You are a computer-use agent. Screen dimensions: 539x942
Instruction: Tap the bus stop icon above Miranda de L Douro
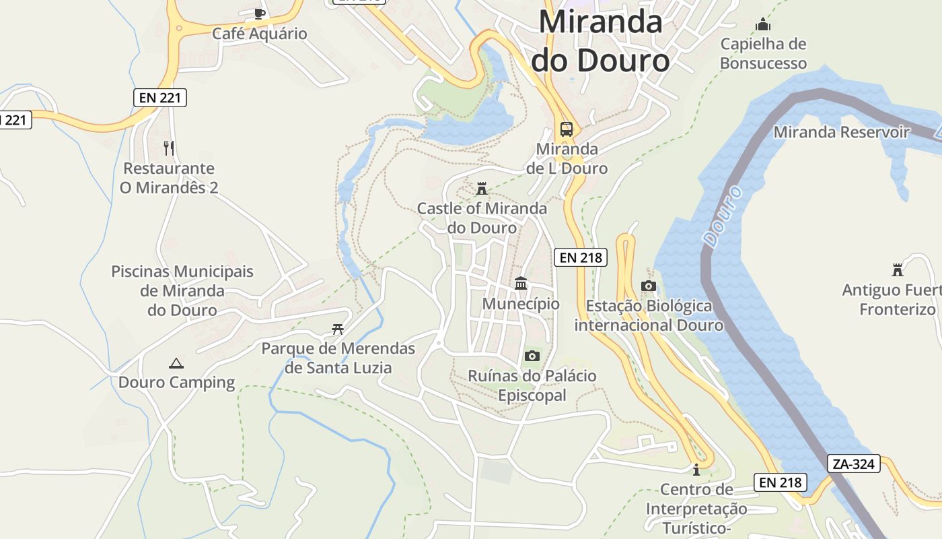[x=567, y=129]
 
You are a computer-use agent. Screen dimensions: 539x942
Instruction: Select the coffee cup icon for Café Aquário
[x=260, y=13]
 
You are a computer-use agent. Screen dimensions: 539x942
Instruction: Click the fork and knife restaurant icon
[x=169, y=148]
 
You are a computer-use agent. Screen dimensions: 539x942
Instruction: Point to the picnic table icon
[x=338, y=329]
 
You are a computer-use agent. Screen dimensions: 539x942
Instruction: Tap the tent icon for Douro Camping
[x=176, y=363]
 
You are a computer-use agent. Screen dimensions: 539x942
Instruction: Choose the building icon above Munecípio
[x=521, y=284]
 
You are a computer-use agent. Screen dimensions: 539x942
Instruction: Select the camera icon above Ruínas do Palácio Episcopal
[x=532, y=356]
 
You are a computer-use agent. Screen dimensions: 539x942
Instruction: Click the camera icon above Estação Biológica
[x=649, y=286]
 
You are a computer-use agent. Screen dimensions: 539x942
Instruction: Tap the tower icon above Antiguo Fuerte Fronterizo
[x=897, y=270]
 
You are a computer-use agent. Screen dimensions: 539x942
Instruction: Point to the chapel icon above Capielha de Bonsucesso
[x=762, y=25]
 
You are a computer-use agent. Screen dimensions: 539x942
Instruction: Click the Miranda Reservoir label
[x=841, y=132]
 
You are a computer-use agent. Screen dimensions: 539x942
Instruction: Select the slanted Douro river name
[x=723, y=216]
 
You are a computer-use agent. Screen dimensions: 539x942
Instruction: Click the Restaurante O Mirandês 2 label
[x=169, y=178]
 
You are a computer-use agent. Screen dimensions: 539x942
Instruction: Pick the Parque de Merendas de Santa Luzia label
[x=338, y=358]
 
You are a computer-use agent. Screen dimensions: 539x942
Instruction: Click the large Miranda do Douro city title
[x=600, y=41]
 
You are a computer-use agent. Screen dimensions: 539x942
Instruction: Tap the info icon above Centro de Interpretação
[x=696, y=469]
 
